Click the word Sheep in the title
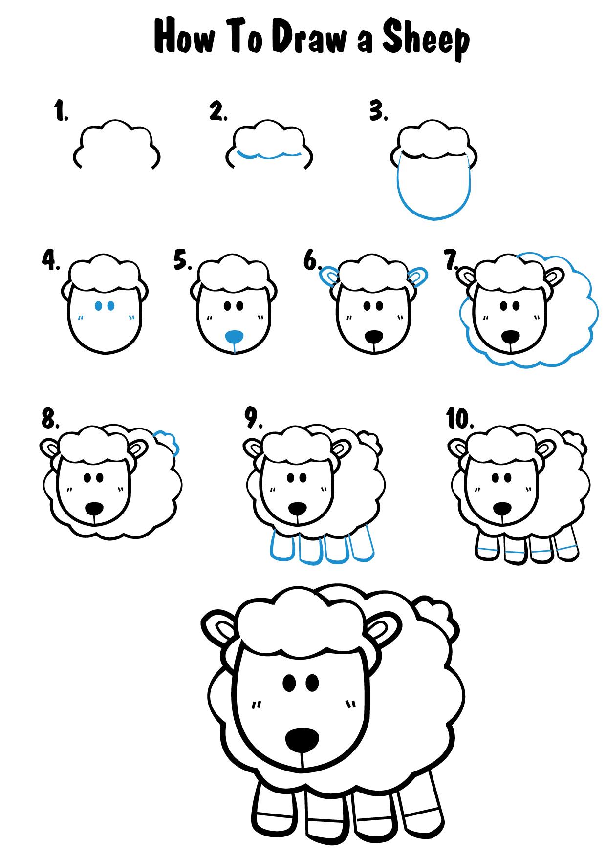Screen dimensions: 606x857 point(425,41)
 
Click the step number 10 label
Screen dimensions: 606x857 point(460,419)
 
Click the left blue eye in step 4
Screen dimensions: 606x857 point(98,306)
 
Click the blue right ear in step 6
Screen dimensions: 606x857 point(417,277)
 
